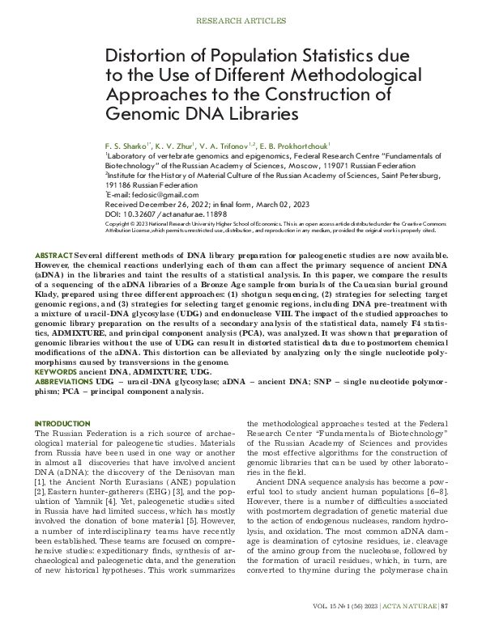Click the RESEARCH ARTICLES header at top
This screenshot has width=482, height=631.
pyautogui.click(x=240, y=17)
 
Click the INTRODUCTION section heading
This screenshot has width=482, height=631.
pyautogui.click(x=63, y=423)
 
